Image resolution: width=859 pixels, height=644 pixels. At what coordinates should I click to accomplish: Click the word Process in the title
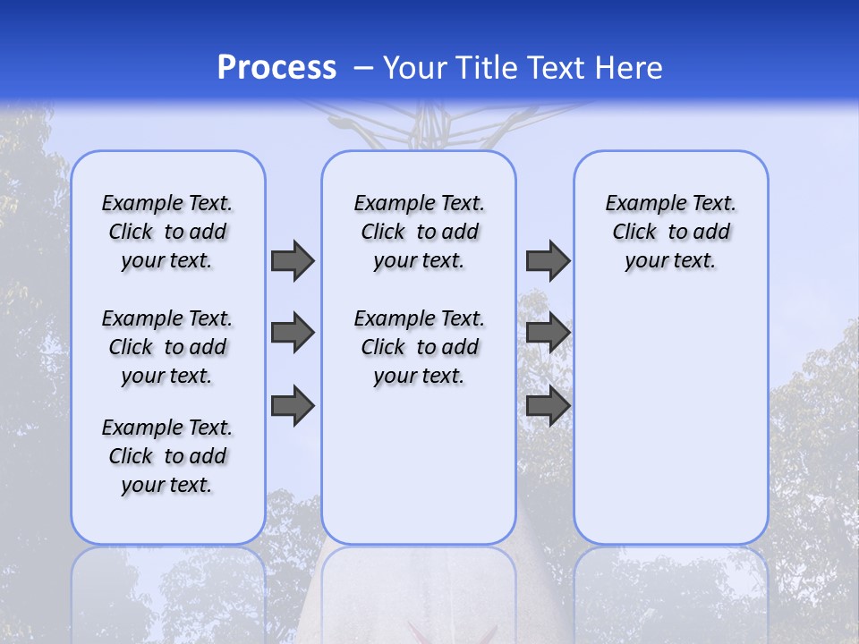pyautogui.click(x=276, y=67)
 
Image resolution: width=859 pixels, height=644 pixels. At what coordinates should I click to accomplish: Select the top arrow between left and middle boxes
pyautogui.click(x=293, y=260)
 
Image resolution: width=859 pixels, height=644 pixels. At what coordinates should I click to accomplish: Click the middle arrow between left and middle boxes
pyautogui.click(x=293, y=333)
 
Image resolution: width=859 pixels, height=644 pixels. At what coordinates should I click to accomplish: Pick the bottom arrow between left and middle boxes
pyautogui.click(x=293, y=405)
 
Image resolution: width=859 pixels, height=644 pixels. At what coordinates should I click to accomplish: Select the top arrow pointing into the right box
pyautogui.click(x=548, y=260)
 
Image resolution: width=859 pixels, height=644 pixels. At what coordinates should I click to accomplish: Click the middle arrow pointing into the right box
pyautogui.click(x=548, y=333)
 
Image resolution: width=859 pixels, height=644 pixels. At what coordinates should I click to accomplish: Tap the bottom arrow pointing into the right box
pyautogui.click(x=548, y=405)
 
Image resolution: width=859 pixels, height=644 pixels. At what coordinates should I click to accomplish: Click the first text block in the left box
pyautogui.click(x=167, y=232)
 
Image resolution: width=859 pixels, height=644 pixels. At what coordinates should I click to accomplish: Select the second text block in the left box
pyautogui.click(x=167, y=347)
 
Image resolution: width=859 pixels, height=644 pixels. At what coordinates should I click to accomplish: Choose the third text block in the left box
pyautogui.click(x=167, y=456)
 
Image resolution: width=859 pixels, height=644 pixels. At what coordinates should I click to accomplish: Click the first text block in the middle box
pyautogui.click(x=419, y=232)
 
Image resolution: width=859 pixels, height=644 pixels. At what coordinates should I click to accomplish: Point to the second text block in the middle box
pyautogui.click(x=419, y=347)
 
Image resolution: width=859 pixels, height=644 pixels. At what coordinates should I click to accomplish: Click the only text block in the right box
pyautogui.click(x=670, y=232)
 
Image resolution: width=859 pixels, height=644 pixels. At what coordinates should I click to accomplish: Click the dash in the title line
pyautogui.click(x=363, y=67)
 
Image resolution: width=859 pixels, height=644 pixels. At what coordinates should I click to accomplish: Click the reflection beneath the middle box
pyautogui.click(x=419, y=590)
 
